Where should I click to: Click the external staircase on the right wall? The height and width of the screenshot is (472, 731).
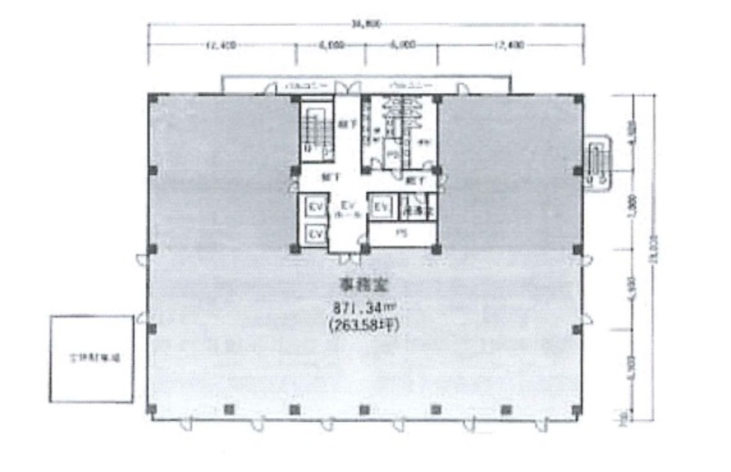[596, 161]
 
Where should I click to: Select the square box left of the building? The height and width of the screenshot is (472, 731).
[91, 359]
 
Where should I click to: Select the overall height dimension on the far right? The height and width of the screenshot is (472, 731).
[654, 256]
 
